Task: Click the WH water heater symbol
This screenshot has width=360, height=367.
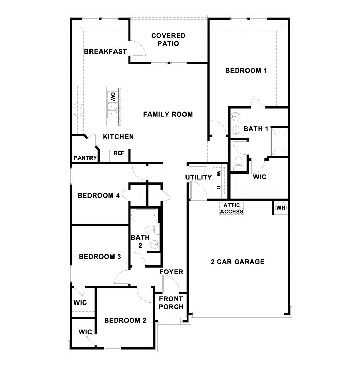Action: click(281, 208)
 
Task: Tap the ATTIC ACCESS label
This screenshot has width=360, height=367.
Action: click(232, 208)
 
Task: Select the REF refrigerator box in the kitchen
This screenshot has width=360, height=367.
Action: click(119, 153)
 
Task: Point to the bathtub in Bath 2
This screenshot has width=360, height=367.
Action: click(144, 215)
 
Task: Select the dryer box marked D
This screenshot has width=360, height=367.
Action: click(218, 188)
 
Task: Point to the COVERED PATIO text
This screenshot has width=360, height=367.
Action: click(168, 39)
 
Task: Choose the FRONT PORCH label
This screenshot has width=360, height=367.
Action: click(171, 303)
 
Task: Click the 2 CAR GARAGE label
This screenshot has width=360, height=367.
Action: click(237, 262)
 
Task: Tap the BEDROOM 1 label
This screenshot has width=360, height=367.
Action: click(246, 71)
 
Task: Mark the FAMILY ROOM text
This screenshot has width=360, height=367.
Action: click(168, 114)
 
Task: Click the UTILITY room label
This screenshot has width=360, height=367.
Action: click(198, 177)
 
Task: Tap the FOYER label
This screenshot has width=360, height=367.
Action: click(171, 272)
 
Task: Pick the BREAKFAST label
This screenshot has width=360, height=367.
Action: click(105, 51)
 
